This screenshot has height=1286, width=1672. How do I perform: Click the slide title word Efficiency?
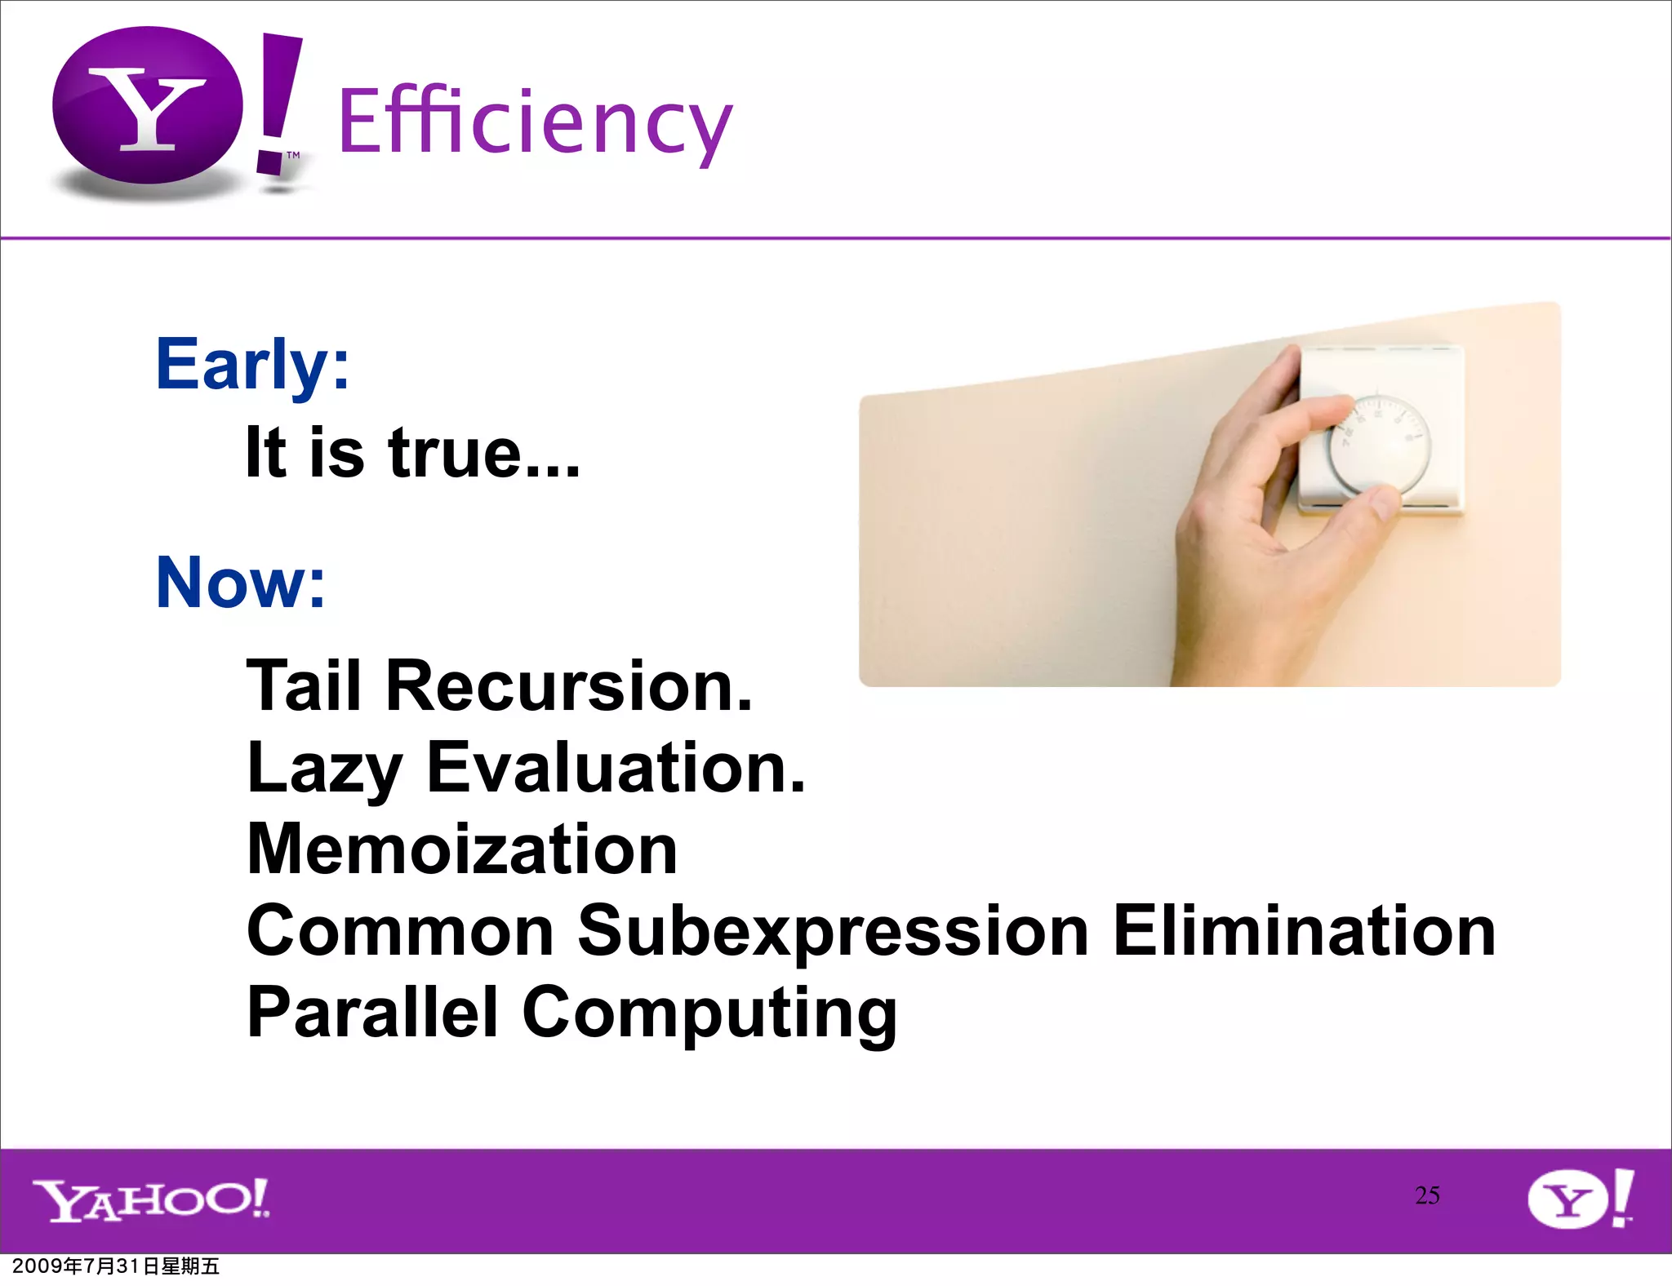click(535, 122)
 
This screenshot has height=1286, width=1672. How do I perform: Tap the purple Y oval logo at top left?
click(147, 106)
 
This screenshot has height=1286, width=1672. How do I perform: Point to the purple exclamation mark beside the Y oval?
click(278, 102)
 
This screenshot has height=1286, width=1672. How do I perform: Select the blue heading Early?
click(252, 365)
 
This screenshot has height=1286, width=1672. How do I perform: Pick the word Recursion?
click(568, 686)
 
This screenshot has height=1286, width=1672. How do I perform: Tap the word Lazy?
click(324, 768)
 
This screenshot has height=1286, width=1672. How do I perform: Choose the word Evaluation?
click(616, 768)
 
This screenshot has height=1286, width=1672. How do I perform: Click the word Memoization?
click(462, 849)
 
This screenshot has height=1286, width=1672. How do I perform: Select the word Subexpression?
click(833, 931)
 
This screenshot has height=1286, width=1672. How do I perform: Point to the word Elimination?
click(1304, 931)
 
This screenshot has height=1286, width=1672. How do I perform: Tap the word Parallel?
click(372, 1013)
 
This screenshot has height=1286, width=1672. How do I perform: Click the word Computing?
click(709, 1014)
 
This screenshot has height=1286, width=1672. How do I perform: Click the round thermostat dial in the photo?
click(1381, 446)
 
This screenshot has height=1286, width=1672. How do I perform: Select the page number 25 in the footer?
click(1427, 1195)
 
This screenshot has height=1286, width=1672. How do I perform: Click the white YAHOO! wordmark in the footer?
click(151, 1200)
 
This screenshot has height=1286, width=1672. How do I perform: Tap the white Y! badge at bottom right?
click(1580, 1199)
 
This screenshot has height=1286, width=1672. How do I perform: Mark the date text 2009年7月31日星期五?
click(116, 1266)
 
